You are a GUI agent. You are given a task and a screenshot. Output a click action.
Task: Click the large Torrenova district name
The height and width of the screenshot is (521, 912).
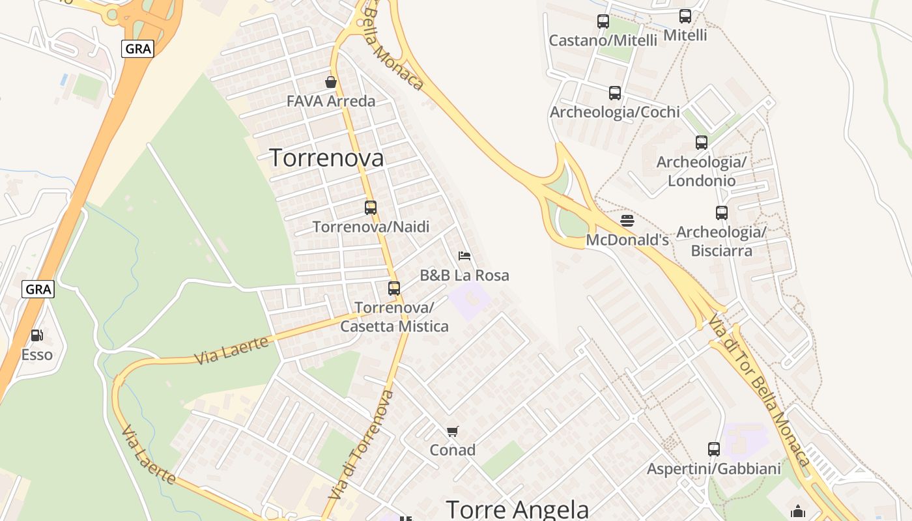(x=326, y=158)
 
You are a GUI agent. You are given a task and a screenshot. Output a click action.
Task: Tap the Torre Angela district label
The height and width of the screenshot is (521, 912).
(x=518, y=509)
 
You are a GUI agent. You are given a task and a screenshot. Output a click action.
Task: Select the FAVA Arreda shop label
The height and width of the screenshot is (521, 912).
(x=331, y=102)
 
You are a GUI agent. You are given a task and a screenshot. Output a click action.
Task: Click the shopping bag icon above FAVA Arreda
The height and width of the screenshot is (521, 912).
(x=331, y=82)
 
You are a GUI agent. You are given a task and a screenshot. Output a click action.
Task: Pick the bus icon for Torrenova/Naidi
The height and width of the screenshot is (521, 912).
(x=371, y=208)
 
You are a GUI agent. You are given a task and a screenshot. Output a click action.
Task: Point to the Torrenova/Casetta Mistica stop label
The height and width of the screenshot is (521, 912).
(x=395, y=317)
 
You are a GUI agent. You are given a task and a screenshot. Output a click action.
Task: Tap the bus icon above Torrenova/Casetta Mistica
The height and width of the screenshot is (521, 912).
(x=394, y=289)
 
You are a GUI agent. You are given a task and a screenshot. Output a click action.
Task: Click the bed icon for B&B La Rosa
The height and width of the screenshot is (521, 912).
(x=464, y=256)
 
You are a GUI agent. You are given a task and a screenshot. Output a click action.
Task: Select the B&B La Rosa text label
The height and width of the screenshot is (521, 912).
(x=464, y=275)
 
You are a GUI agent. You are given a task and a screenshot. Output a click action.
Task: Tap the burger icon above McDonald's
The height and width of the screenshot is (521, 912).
(x=627, y=221)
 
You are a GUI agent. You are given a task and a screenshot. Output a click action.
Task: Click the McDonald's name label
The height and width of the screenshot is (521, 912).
(x=627, y=240)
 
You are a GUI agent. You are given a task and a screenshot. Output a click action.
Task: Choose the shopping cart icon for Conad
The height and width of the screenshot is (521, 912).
(x=453, y=431)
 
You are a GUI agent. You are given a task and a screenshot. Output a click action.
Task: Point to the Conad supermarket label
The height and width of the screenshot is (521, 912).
(x=453, y=450)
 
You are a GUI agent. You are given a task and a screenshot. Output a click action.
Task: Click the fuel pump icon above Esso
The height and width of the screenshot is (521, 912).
(x=37, y=336)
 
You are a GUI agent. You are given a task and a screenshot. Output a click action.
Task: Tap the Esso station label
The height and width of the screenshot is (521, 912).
(x=37, y=355)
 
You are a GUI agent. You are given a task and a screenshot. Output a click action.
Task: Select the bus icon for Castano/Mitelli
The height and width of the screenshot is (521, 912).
(x=603, y=21)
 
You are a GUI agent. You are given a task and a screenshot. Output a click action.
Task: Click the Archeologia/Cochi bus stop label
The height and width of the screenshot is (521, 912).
(x=615, y=112)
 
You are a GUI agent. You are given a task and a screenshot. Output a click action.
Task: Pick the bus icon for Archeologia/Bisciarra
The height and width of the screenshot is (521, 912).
(x=722, y=213)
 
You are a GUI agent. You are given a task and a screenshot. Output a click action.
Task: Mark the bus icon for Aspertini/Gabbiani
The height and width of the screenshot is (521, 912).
(x=714, y=449)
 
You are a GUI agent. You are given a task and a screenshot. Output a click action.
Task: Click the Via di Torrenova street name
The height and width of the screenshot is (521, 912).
(x=362, y=445)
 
